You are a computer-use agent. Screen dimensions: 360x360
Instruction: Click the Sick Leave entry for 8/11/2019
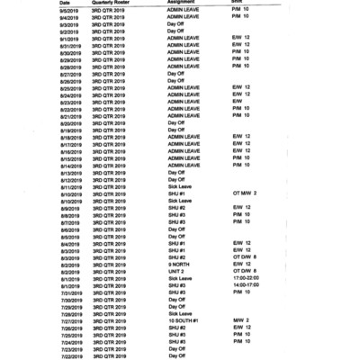(180, 186)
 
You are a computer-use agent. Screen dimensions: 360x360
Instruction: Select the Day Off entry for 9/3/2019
(176, 24)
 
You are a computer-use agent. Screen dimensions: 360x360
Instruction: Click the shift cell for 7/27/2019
(240, 320)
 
